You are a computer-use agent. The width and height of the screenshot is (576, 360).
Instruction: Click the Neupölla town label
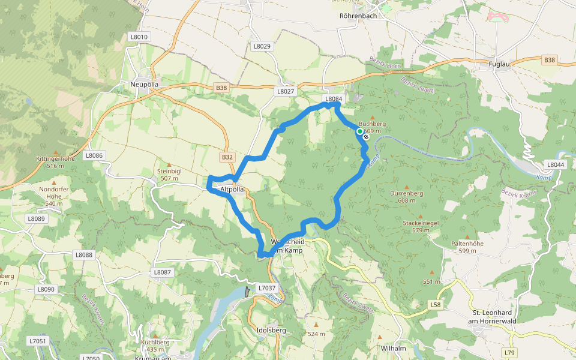click(145, 85)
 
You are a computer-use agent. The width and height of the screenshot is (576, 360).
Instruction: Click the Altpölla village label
click(232, 189)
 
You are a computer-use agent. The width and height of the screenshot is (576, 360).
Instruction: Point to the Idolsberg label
click(271, 330)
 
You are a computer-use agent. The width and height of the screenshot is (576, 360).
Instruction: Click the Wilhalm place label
click(394, 348)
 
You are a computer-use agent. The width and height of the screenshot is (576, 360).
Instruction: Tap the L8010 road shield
click(139, 37)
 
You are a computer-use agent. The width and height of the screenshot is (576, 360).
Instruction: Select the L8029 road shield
click(262, 46)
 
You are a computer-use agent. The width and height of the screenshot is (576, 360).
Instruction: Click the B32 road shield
click(227, 157)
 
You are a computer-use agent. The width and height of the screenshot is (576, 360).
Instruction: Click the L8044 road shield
click(556, 164)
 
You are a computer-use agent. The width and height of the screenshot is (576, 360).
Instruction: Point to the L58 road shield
click(436, 305)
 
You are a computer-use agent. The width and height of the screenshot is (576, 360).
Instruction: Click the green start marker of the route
click(359, 131)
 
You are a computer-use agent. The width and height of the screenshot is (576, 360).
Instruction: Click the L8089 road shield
click(37, 219)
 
